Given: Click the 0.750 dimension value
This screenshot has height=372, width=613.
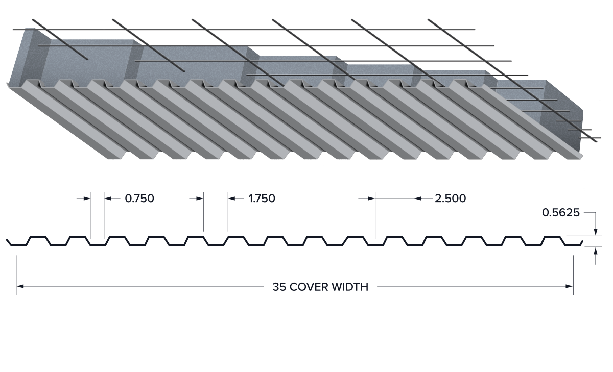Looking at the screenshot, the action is pyautogui.click(x=139, y=199).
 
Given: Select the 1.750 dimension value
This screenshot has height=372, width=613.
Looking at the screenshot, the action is pyautogui.click(x=262, y=199).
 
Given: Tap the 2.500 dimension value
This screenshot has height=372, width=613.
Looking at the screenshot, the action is pyautogui.click(x=450, y=199).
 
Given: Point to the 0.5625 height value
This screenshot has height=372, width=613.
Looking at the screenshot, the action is pyautogui.click(x=561, y=213).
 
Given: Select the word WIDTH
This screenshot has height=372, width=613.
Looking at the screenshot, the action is pyautogui.click(x=350, y=287).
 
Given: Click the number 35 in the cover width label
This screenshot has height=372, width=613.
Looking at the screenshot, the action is pyautogui.click(x=279, y=287).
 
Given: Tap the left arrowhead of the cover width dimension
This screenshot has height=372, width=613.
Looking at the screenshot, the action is pyautogui.click(x=20, y=286).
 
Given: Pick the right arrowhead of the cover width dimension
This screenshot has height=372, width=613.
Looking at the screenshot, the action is pyautogui.click(x=570, y=286).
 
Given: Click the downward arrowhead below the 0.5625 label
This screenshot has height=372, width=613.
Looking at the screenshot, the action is pyautogui.click(x=596, y=232).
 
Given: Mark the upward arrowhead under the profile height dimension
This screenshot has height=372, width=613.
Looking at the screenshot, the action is pyautogui.click(x=596, y=251).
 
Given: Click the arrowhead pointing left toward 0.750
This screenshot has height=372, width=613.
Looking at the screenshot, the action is pyautogui.click(x=108, y=199).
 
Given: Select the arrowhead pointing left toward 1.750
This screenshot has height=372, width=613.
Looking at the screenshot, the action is pyautogui.click(x=232, y=199).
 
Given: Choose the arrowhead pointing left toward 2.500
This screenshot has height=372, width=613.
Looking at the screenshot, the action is pyautogui.click(x=418, y=199).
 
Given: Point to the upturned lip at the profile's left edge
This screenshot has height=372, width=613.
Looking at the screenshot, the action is pyautogui.click(x=9, y=242).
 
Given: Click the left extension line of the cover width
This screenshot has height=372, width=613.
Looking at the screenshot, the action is pyautogui.click(x=16, y=275).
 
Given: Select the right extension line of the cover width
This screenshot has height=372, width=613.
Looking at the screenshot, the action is pyautogui.click(x=573, y=275).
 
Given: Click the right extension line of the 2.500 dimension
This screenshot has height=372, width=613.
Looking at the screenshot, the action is pyautogui.click(x=414, y=216).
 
